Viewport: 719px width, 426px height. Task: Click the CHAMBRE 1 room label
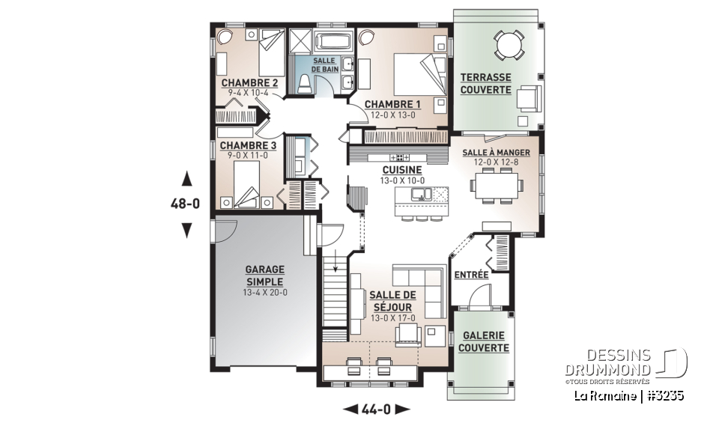(x=392, y=104)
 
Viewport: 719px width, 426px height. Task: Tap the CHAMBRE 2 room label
(x=249, y=82)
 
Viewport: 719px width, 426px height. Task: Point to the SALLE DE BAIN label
(x=325, y=64)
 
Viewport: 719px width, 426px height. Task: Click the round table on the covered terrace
(x=509, y=46)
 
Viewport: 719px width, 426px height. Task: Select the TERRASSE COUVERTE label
(x=485, y=83)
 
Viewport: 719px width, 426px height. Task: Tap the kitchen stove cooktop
(x=398, y=157)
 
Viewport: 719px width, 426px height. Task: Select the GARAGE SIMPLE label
(x=260, y=276)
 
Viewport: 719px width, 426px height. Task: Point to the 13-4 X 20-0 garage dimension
(x=260, y=293)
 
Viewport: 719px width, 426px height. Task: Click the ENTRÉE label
(x=471, y=275)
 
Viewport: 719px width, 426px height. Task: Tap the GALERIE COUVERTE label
(x=483, y=341)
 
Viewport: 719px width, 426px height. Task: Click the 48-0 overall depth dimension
(x=186, y=204)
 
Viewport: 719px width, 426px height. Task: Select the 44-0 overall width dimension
(x=377, y=409)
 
